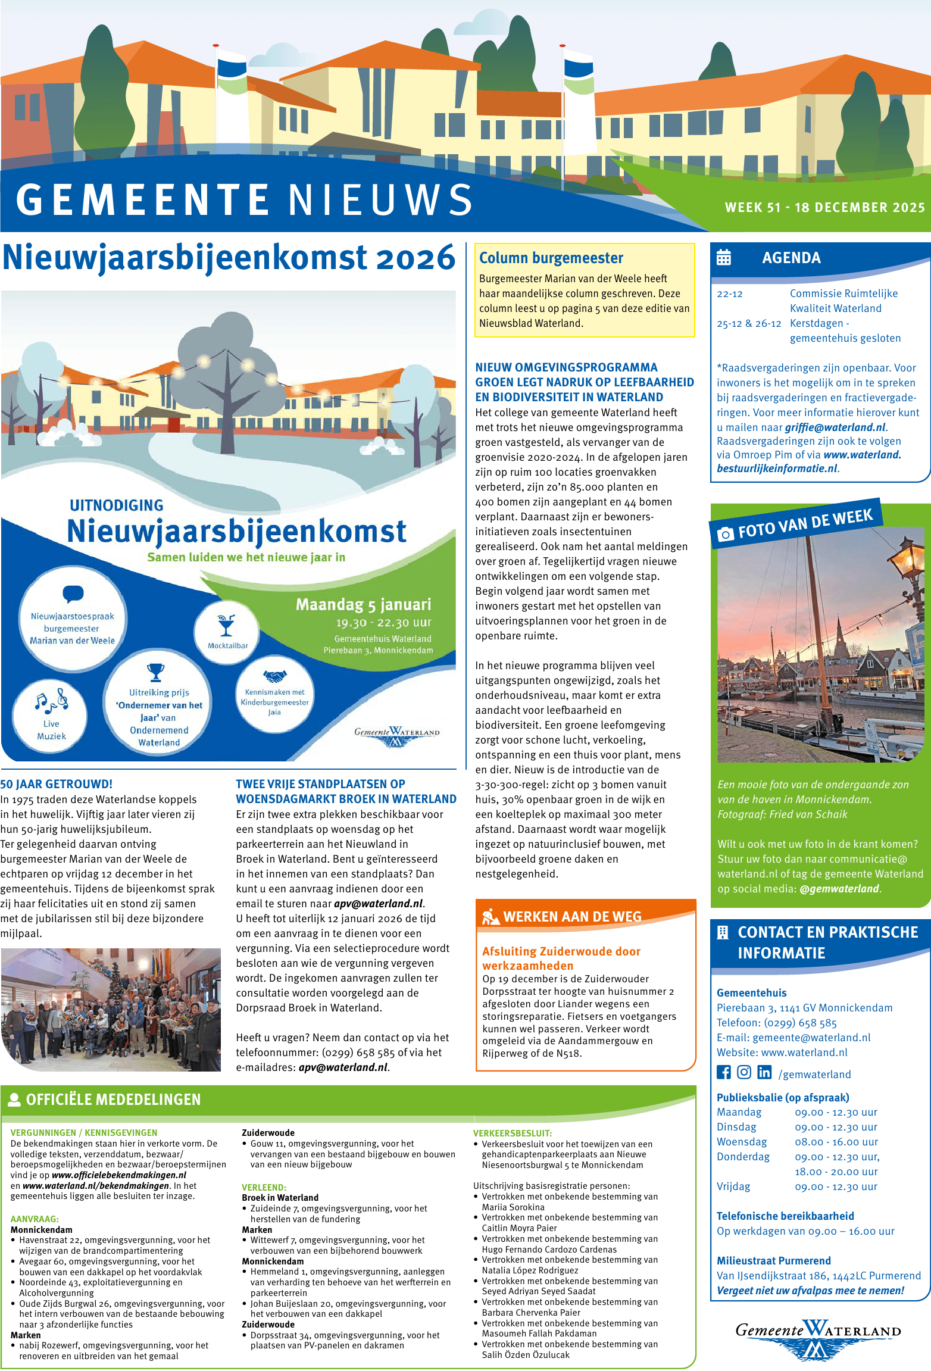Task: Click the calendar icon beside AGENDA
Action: (x=724, y=257)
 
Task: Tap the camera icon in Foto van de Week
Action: (x=725, y=534)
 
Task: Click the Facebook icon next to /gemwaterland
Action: (x=723, y=1072)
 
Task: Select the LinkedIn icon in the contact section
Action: (x=764, y=1072)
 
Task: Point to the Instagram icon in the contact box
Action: (x=744, y=1072)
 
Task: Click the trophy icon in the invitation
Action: (x=156, y=672)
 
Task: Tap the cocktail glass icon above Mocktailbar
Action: (x=226, y=625)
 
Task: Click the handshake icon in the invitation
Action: (x=274, y=677)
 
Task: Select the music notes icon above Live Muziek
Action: (x=51, y=701)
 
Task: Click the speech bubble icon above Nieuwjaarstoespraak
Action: (x=73, y=594)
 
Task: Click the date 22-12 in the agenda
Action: (x=730, y=294)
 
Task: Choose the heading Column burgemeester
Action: (x=551, y=258)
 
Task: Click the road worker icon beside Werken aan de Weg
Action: (x=491, y=917)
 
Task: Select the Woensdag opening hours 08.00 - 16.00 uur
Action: (x=836, y=1142)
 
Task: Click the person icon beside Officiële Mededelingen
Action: (x=14, y=1100)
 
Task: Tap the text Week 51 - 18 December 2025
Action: (x=824, y=207)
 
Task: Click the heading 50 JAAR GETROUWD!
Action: (x=57, y=784)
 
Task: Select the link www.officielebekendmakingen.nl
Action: (x=119, y=1175)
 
